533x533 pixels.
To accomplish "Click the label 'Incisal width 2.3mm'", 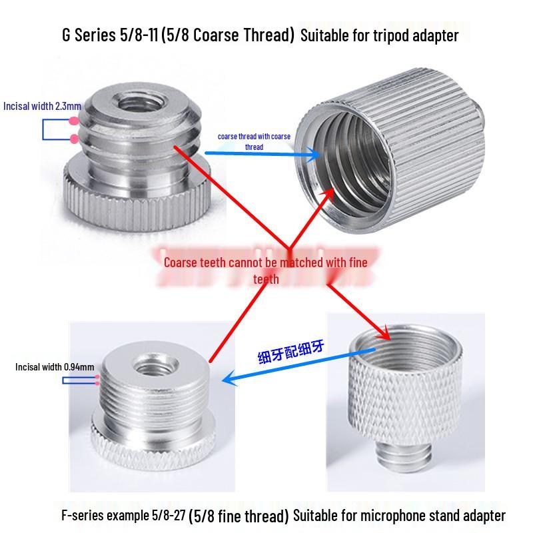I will (x=42, y=106).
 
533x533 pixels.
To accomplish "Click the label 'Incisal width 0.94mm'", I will (x=55, y=366).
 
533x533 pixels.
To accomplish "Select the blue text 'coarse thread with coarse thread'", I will (x=254, y=141).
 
